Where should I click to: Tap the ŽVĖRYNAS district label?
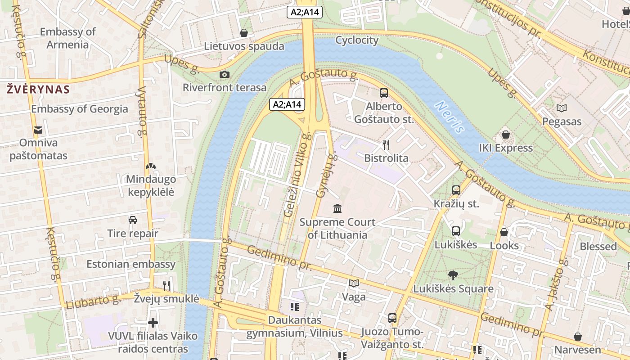(38, 89)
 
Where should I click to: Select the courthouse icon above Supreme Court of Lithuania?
(337, 208)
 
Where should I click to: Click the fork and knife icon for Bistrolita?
(386, 144)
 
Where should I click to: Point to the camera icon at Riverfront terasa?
(225, 74)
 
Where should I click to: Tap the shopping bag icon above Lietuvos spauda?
(244, 33)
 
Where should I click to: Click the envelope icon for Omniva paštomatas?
(38, 130)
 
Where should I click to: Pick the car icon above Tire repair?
(133, 220)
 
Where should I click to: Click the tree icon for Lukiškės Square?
(453, 275)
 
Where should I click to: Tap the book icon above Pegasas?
(562, 108)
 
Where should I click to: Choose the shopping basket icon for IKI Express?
(506, 135)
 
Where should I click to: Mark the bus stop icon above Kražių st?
(456, 190)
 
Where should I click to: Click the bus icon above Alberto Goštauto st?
(384, 93)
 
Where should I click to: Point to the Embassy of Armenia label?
(68, 38)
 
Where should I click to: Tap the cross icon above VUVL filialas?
(153, 323)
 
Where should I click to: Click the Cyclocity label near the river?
(357, 40)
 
